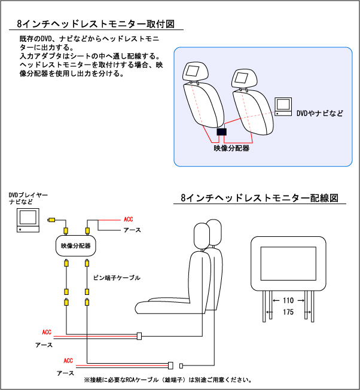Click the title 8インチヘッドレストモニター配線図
260,198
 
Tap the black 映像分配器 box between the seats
222,132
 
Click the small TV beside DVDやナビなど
283,106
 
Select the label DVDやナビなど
320,112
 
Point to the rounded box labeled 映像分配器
76,246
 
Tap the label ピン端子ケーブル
117,278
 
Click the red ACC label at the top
127,220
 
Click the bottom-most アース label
65,373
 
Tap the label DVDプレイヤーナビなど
28,199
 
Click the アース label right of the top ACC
132,230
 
